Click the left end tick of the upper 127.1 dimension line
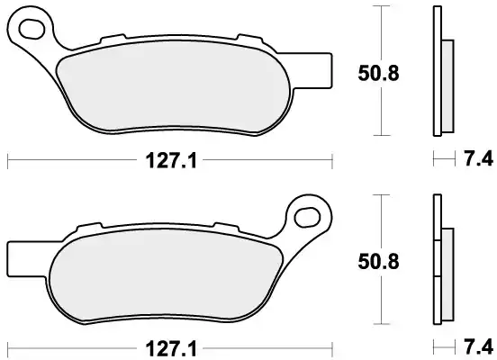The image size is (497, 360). (x=8, y=162)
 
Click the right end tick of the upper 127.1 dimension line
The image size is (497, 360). (x=332, y=162)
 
